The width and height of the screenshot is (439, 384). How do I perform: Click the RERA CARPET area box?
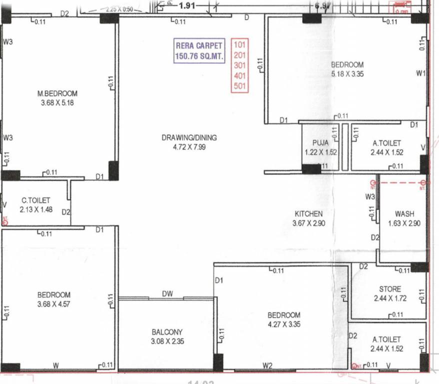coord(198,50)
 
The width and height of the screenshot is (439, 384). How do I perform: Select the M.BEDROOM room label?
coord(57,93)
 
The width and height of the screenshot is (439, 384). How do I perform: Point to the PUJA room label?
coord(320,143)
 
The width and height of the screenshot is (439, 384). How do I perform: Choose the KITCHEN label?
coord(308,214)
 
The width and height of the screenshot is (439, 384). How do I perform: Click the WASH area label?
coord(404,214)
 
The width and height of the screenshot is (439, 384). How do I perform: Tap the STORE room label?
coord(389,289)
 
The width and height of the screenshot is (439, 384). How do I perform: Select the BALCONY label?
coord(167,332)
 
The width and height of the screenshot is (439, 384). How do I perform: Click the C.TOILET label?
coord(35,200)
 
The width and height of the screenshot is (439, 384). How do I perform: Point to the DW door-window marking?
coord(167,294)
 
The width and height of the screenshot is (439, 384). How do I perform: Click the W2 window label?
coord(267,366)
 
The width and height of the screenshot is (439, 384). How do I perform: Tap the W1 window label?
coord(420,73)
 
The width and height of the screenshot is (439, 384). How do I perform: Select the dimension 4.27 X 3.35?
coord(283,324)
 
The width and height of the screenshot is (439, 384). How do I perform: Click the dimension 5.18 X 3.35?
coord(347,74)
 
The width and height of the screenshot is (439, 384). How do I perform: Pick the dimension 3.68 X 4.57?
coord(53,304)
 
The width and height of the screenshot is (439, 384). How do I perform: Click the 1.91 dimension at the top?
coord(186,6)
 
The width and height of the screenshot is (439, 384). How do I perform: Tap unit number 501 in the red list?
coord(240,86)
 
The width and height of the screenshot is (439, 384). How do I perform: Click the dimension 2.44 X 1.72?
coord(389,298)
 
